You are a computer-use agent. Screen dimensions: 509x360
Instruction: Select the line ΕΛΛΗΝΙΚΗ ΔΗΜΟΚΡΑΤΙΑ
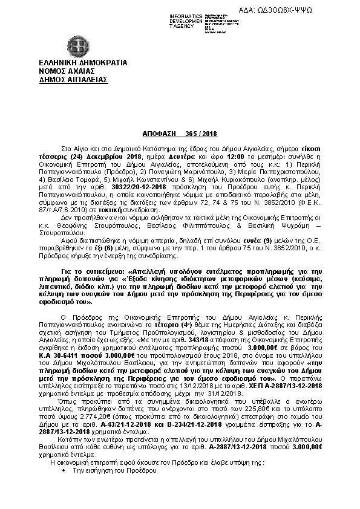point(74,63)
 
